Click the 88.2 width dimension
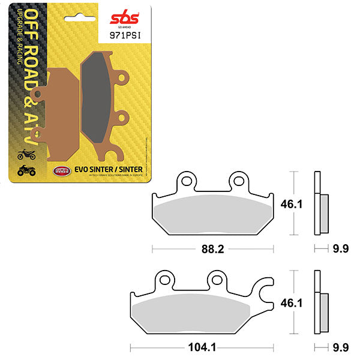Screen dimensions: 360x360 pyautogui.click(x=213, y=248)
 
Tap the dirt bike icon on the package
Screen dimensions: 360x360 pyautogui.click(x=27, y=155)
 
